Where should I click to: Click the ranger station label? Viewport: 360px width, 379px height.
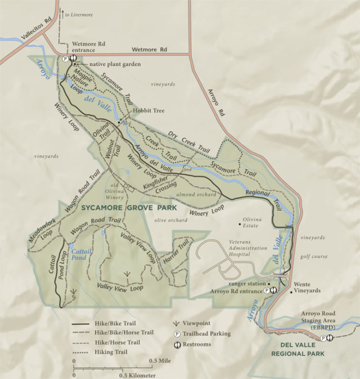pyautogui.click(x=248, y=283)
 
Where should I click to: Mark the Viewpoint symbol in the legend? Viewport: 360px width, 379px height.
pyautogui.click(x=177, y=324)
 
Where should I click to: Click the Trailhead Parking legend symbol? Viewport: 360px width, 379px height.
pyautogui.click(x=177, y=334)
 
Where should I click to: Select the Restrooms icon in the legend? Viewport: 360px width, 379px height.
pyautogui.click(x=177, y=344)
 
